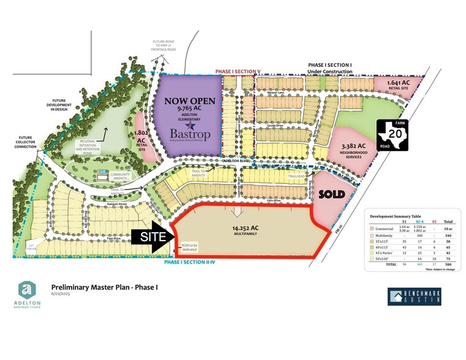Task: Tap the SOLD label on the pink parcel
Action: (x=333, y=194)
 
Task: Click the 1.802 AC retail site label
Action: (x=141, y=139)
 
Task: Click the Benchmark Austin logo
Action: (x=415, y=297)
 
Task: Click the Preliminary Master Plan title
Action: (x=104, y=287)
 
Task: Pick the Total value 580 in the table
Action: (x=448, y=264)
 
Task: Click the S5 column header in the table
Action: (x=434, y=221)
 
